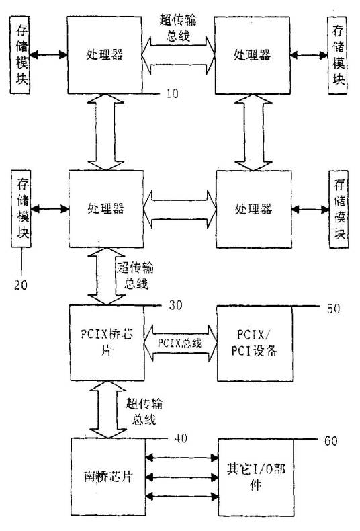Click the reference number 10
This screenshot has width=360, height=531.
click(171, 93)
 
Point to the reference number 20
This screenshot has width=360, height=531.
click(21, 284)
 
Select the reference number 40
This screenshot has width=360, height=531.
click(179, 439)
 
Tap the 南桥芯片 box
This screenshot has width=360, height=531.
click(107, 476)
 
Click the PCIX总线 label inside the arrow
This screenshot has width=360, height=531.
click(179, 343)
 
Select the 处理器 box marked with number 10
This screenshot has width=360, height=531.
click(105, 53)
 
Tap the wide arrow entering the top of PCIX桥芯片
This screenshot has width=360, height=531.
click(106, 276)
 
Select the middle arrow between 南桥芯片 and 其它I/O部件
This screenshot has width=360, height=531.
click(179, 477)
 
